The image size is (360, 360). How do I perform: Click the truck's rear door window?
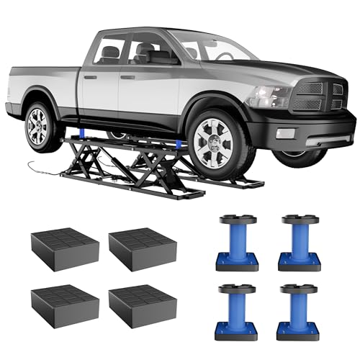click(x=108, y=52)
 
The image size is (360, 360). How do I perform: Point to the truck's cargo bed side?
click(x=40, y=86)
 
